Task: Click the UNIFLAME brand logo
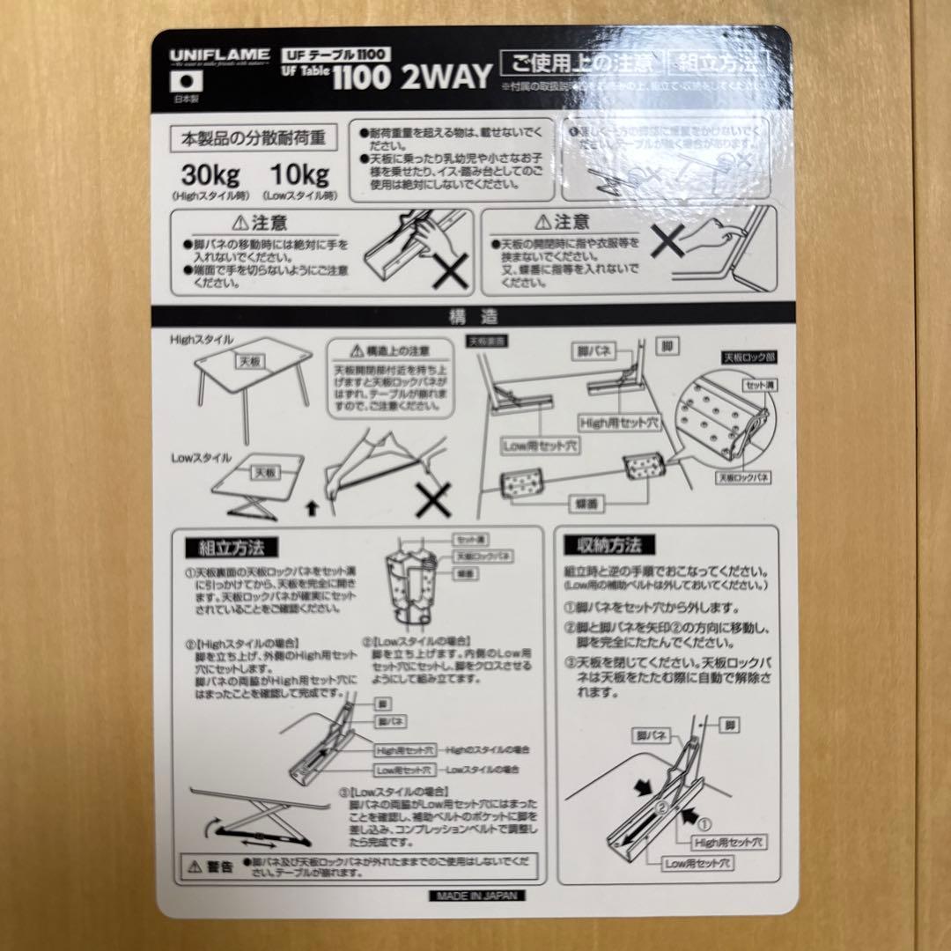219,55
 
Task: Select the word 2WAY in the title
446,77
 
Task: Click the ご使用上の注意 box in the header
579,63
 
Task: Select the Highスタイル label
202,339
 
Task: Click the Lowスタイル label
202,458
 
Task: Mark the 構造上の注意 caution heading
389,350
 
